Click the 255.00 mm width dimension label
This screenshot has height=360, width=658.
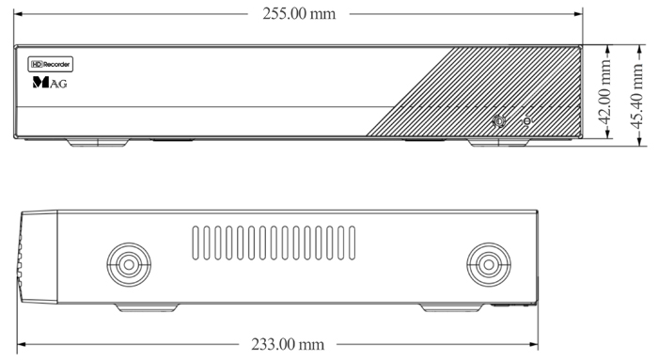pyautogui.click(x=299, y=14)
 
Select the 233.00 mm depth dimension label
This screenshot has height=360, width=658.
pyautogui.click(x=288, y=344)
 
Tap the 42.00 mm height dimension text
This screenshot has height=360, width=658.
pyautogui.click(x=604, y=92)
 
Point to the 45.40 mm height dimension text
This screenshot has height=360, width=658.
pyautogui.click(x=636, y=96)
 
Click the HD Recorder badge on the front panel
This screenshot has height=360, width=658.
pyautogui.click(x=51, y=64)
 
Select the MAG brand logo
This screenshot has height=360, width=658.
pyautogui.click(x=50, y=82)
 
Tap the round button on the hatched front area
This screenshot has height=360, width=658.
pyautogui.click(x=498, y=121)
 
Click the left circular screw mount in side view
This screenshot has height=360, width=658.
pyautogui.click(x=129, y=264)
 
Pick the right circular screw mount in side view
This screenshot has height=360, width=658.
pyautogui.click(x=489, y=264)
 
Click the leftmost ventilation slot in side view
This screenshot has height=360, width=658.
pyautogui.click(x=196, y=243)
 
